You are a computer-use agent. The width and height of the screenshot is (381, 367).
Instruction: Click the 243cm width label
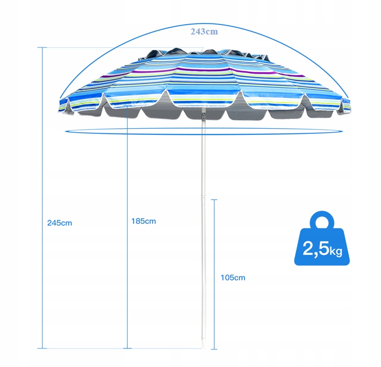pyautogui.click(x=204, y=31)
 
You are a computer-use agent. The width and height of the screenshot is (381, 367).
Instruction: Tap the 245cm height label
pyautogui.click(x=59, y=223)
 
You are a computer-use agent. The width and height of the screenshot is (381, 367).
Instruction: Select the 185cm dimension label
pyautogui.click(x=143, y=221)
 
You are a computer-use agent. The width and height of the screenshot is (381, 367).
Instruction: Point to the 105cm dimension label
pyautogui.click(x=233, y=277)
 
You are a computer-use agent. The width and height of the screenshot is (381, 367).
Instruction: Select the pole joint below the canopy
pyautogui.click(x=203, y=117)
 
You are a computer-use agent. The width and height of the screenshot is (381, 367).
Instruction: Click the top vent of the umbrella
pyautogui.click(x=203, y=51)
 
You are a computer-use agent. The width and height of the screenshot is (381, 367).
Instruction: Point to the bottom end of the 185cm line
pyautogui.click(x=127, y=348)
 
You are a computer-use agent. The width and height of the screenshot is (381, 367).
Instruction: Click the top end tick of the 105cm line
pyautogui.click(x=214, y=200)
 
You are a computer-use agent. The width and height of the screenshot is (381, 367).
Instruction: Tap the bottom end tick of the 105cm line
pyautogui.click(x=214, y=348)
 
